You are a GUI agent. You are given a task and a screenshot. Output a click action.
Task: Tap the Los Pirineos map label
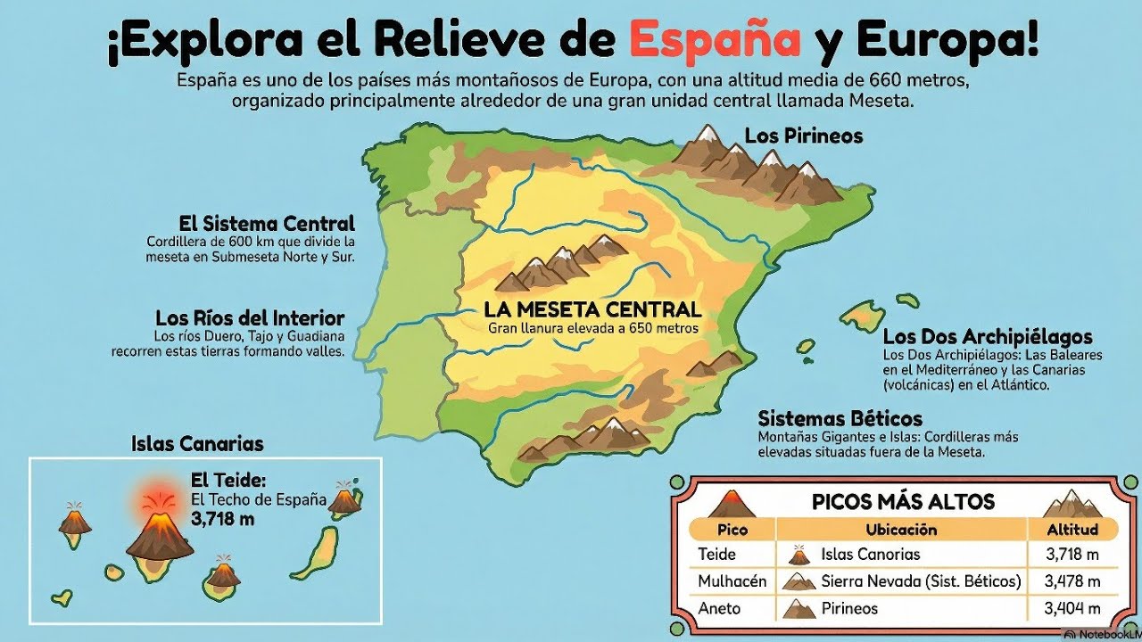pyautogui.click(x=803, y=136)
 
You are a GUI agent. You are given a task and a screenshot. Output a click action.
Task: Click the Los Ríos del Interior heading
pyautogui.click(x=249, y=318)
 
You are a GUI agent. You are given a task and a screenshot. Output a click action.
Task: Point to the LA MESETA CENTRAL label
pyautogui.click(x=592, y=310)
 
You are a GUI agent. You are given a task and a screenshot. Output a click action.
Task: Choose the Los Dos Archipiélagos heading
pyautogui.click(x=988, y=337)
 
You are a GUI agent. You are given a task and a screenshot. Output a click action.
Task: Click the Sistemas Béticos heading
pyautogui.click(x=840, y=418)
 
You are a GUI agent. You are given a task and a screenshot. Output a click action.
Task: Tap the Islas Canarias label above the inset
pyautogui.click(x=197, y=443)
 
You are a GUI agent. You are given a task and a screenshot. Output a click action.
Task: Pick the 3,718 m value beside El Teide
pyautogui.click(x=222, y=518)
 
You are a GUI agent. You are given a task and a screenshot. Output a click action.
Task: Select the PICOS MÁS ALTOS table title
pyautogui.click(x=903, y=501)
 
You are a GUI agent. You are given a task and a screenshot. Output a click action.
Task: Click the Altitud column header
pyautogui.click(x=1072, y=529)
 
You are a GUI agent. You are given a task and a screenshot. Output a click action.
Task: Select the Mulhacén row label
pyautogui.click(x=732, y=581)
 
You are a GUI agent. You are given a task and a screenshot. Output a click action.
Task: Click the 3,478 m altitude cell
pyautogui.click(x=1072, y=581)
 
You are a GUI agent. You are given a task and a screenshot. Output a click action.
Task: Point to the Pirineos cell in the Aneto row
pyautogui.click(x=848, y=608)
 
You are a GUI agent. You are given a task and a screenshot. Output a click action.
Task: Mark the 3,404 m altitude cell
pyautogui.click(x=1072, y=608)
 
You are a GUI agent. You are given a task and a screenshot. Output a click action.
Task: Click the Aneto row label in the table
pyautogui.click(x=719, y=608)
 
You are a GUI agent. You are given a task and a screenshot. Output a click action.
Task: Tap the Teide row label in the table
pyautogui.click(x=717, y=555)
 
